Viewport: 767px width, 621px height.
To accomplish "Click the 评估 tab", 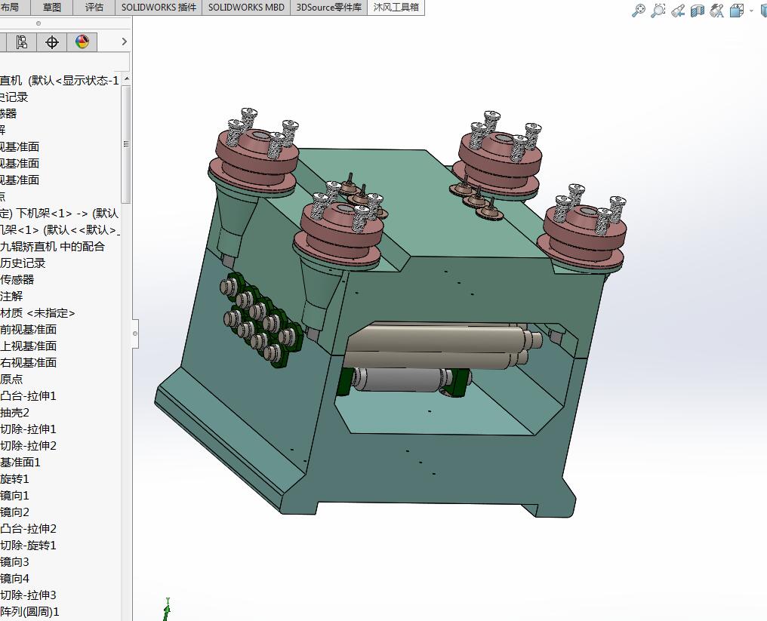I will point(94,8).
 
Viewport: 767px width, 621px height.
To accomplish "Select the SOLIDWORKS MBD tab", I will point(246,8).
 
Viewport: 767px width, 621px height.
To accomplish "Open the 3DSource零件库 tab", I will point(328,8).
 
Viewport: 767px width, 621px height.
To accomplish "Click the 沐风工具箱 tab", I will point(396,8).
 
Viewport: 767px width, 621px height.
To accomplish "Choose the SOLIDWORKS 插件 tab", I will point(159,8).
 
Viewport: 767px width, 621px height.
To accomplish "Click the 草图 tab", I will point(52,8).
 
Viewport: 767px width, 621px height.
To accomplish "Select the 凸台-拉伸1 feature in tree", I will point(28,395).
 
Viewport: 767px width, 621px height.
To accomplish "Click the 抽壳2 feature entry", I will point(15,412).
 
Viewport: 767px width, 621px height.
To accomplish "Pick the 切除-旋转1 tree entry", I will point(28,545).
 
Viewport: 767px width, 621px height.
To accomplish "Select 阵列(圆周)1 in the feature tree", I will point(29,611).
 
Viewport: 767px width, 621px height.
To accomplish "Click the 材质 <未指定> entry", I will point(38,312).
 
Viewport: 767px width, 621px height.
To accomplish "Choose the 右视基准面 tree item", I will point(28,362).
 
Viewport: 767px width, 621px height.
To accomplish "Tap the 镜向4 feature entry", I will point(15,578).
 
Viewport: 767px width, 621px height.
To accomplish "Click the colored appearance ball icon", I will point(82,42).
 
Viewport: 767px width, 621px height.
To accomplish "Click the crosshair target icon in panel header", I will point(52,42).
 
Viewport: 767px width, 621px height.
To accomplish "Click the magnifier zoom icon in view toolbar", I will point(639,11).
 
